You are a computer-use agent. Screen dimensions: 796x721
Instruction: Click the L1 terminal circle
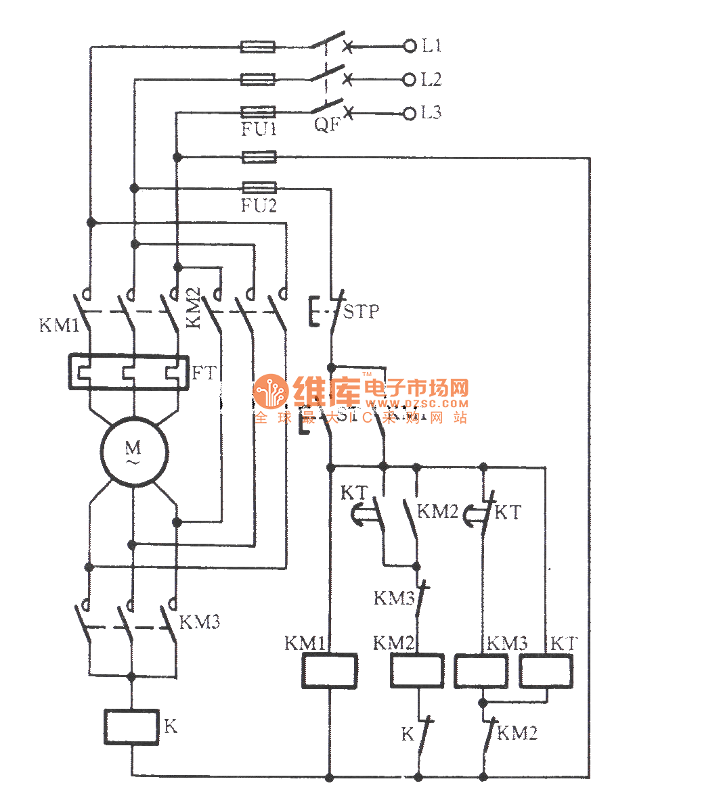[x=409, y=46]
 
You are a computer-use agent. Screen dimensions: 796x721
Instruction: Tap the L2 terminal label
[x=431, y=80]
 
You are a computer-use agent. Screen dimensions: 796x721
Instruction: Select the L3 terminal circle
[x=409, y=113]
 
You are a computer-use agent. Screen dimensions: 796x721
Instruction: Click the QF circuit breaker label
[x=327, y=125]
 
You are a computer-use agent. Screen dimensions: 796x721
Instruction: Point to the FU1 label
[x=259, y=128]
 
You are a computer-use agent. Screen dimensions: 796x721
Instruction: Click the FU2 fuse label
[x=259, y=205]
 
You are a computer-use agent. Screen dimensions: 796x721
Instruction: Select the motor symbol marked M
[x=133, y=451]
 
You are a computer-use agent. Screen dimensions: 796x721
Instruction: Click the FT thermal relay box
[x=128, y=372]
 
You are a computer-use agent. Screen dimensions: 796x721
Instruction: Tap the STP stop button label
[x=361, y=312]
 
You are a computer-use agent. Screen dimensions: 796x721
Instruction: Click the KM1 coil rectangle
[x=329, y=671]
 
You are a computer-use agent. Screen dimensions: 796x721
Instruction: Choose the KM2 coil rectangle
[x=417, y=671]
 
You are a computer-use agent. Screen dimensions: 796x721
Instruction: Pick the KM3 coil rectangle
[x=481, y=671]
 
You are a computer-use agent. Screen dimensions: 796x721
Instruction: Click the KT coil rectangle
[x=546, y=671]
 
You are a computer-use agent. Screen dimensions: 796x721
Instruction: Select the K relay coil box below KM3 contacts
[x=131, y=727]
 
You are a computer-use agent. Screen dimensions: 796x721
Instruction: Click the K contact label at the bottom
[x=408, y=734]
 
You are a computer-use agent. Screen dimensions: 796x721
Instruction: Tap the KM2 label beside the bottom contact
[x=517, y=733]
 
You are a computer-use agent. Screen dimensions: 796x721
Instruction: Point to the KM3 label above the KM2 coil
[x=394, y=599]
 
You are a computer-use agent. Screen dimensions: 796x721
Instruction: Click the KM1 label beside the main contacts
[x=59, y=325]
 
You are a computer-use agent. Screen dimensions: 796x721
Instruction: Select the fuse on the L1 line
[x=258, y=46]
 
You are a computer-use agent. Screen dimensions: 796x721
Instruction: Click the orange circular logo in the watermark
[x=270, y=392]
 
